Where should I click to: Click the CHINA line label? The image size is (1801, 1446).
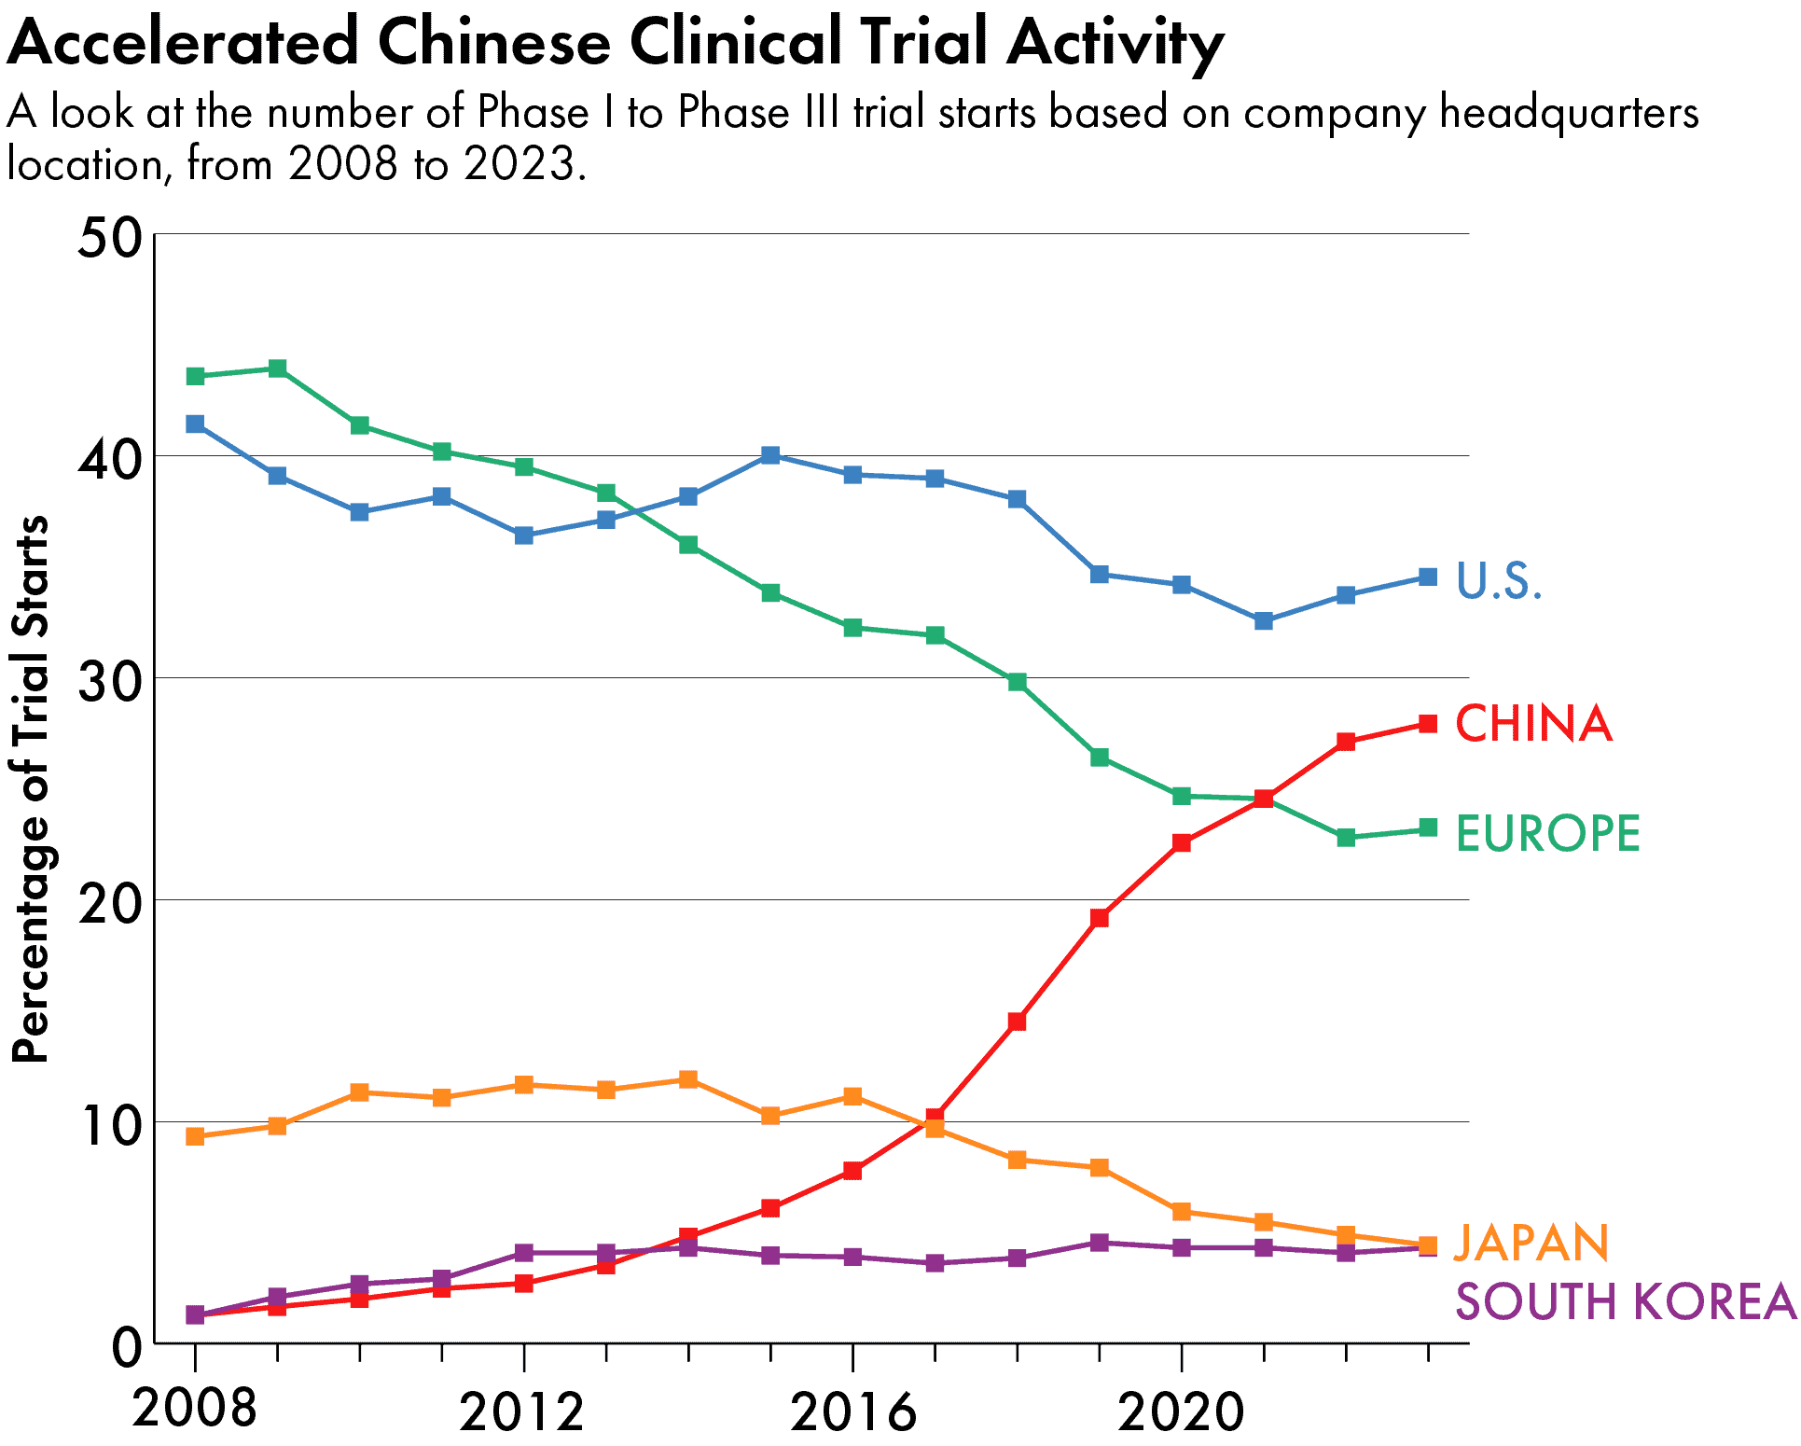tap(1533, 724)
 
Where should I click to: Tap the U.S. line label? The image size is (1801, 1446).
tap(1499, 580)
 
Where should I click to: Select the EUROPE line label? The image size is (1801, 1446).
tap(1547, 833)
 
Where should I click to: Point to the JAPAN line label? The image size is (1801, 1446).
tap(1531, 1243)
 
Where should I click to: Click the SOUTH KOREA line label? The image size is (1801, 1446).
tap(1625, 1301)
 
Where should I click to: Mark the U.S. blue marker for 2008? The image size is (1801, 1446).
tap(195, 424)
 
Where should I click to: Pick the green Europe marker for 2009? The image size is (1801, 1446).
tap(277, 368)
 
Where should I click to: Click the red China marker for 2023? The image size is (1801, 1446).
tap(1427, 723)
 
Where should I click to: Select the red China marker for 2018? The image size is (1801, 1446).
tap(1017, 1022)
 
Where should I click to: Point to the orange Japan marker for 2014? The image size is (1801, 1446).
tap(688, 1079)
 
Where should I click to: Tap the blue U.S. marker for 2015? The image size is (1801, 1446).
tap(770, 455)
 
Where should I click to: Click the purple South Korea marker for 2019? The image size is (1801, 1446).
tap(1099, 1243)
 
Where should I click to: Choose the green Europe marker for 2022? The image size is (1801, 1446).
tap(1345, 837)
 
